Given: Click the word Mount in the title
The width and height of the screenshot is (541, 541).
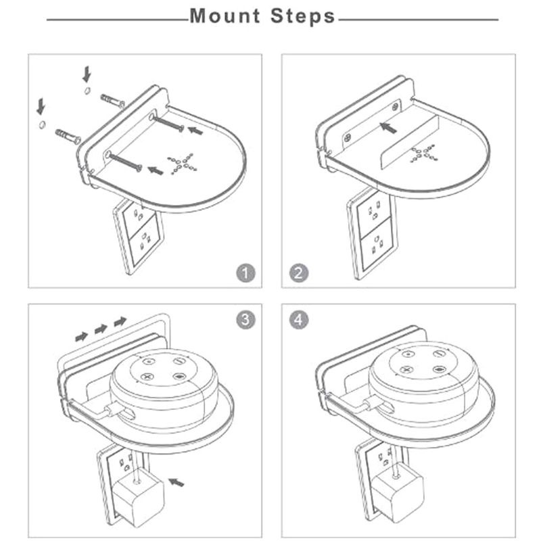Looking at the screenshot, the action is (225, 16).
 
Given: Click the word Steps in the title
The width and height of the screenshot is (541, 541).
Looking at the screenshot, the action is (302, 16).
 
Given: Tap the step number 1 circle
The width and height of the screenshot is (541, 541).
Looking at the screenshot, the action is (245, 273).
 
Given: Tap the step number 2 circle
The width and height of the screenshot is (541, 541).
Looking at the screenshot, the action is (298, 273).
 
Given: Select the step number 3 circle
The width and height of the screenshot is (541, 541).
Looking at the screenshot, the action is (245, 319).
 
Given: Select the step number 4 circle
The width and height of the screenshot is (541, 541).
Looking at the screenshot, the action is (298, 319).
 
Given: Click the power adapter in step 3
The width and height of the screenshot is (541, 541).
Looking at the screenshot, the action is (139, 496).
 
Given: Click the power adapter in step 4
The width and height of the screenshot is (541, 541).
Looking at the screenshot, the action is (398, 495).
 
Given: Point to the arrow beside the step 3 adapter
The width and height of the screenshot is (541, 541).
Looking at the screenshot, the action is (176, 482).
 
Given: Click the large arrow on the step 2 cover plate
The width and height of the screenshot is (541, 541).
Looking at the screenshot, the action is (387, 128).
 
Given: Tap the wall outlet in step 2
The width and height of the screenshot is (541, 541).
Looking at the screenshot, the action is (373, 235).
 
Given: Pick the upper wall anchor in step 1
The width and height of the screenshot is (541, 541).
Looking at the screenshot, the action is (112, 100).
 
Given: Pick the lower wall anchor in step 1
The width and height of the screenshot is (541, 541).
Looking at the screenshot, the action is (68, 137).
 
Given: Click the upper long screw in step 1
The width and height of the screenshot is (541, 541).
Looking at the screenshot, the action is (166, 123).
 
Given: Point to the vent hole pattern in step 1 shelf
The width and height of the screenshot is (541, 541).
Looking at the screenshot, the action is (182, 164).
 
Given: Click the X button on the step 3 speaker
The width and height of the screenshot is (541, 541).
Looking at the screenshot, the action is (147, 377).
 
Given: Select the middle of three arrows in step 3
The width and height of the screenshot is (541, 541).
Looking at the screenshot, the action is (101, 329).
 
